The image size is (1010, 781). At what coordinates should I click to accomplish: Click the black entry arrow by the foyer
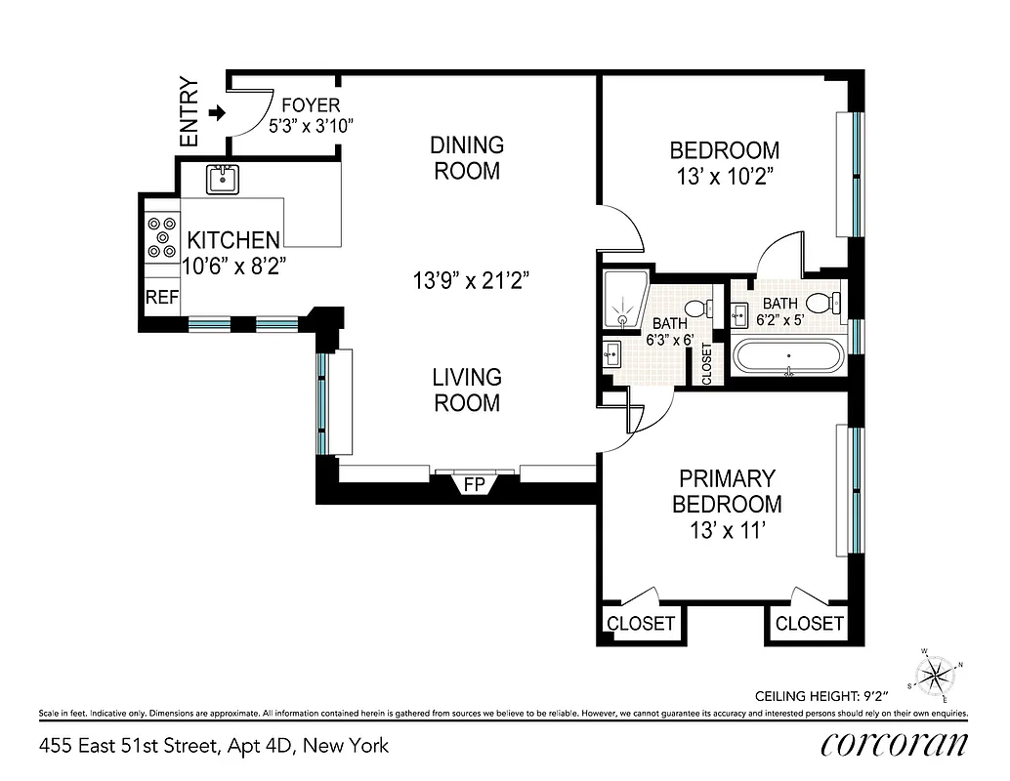click(217, 114)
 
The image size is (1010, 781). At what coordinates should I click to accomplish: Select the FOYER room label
click(310, 105)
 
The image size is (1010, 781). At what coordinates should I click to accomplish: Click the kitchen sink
click(224, 178)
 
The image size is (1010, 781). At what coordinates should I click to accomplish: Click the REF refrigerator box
click(162, 298)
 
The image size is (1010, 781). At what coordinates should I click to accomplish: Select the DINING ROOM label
click(467, 158)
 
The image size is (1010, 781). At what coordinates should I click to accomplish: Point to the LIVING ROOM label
click(467, 390)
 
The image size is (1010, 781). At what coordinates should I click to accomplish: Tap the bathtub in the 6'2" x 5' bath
click(788, 356)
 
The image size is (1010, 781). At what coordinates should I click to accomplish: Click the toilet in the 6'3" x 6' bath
click(696, 308)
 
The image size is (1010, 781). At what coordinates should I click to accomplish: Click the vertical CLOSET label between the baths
click(707, 362)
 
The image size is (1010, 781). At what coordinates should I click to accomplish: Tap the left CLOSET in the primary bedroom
click(641, 623)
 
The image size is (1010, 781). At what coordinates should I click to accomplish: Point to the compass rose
click(936, 673)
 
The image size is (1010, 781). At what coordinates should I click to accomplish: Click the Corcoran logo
click(895, 745)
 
